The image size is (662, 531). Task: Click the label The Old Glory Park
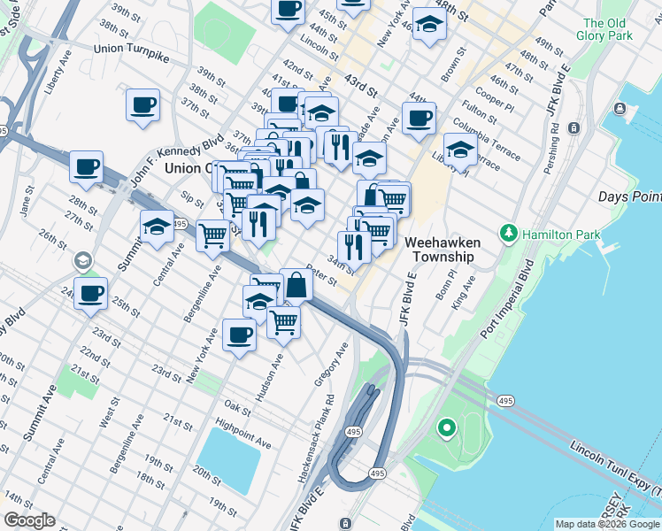pyautogui.click(x=604, y=29)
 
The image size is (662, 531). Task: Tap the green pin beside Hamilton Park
pyautogui.click(x=508, y=235)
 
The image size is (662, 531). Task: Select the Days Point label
pyautogui.click(x=629, y=196)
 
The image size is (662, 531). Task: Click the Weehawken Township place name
pyautogui.click(x=440, y=249)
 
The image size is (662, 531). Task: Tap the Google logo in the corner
pyautogui.click(x=29, y=520)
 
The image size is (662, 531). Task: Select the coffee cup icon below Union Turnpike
pyautogui.click(x=142, y=105)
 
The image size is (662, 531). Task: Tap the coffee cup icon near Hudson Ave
pyautogui.click(x=240, y=335)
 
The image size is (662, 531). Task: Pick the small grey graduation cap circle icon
pyautogui.click(x=83, y=260)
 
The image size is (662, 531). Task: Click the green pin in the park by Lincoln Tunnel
pyautogui.click(x=447, y=430)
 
